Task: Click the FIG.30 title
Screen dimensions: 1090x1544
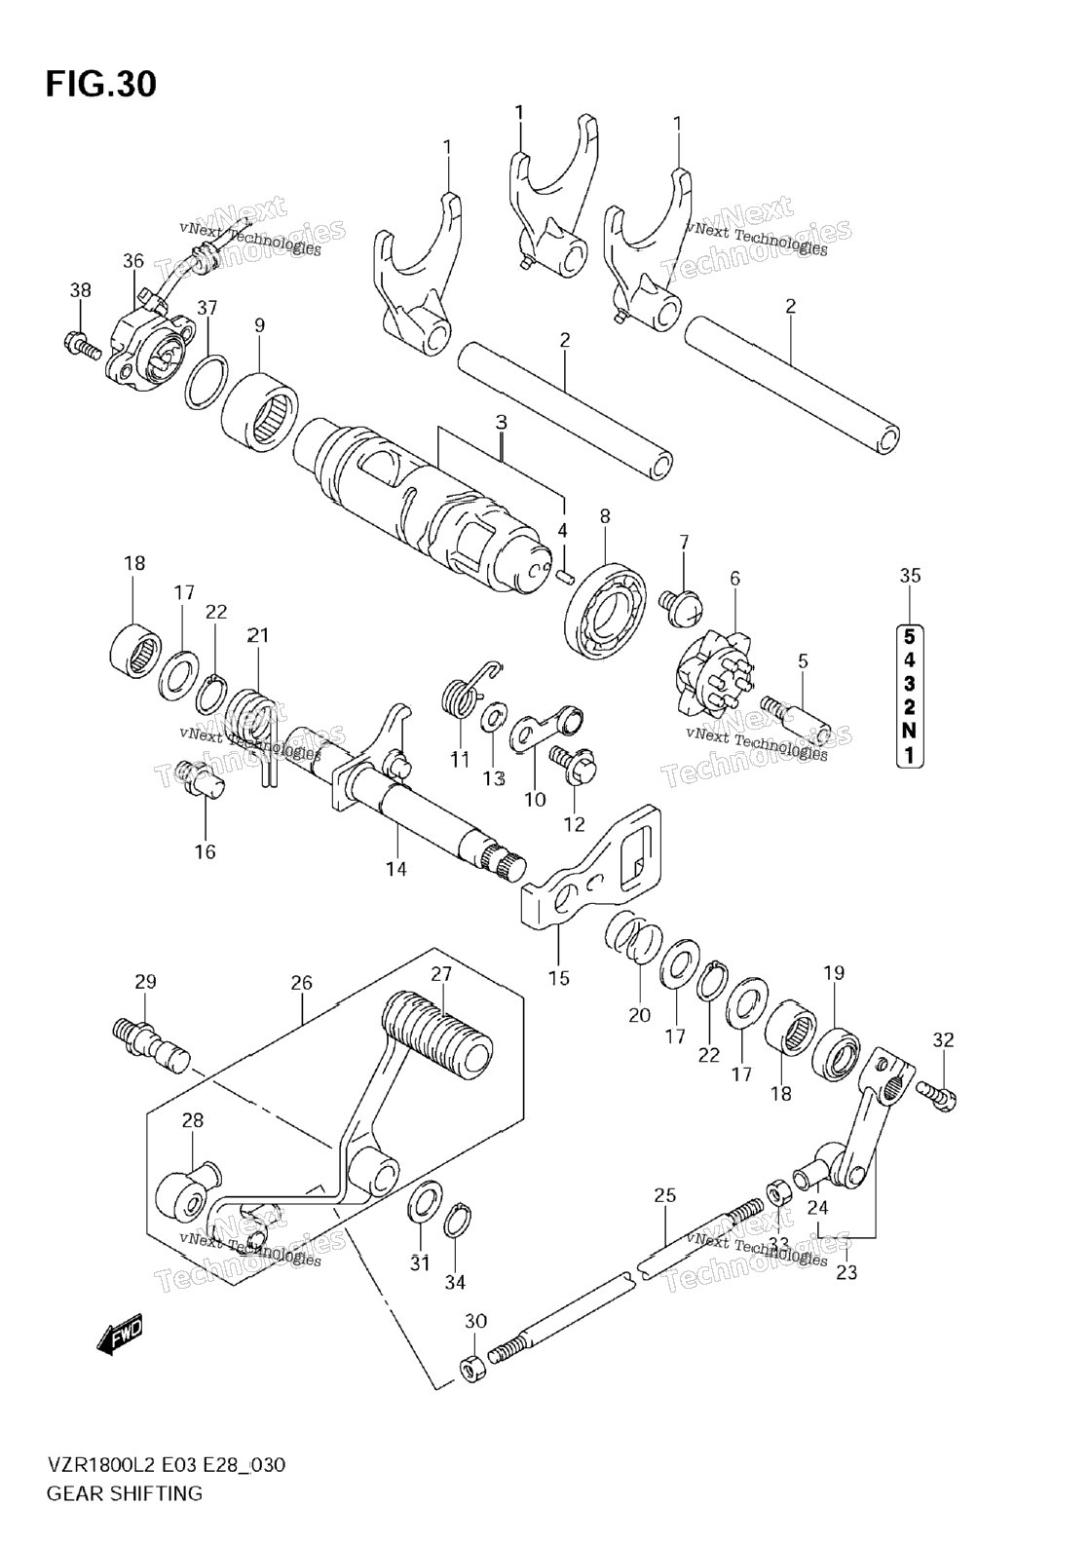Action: coord(100,84)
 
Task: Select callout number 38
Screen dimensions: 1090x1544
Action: coord(80,290)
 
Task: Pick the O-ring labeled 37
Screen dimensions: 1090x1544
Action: coord(207,383)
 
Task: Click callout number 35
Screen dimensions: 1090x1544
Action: coord(910,576)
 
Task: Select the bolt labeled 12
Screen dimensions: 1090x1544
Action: coord(572,764)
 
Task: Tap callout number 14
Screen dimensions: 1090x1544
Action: coord(395,869)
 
